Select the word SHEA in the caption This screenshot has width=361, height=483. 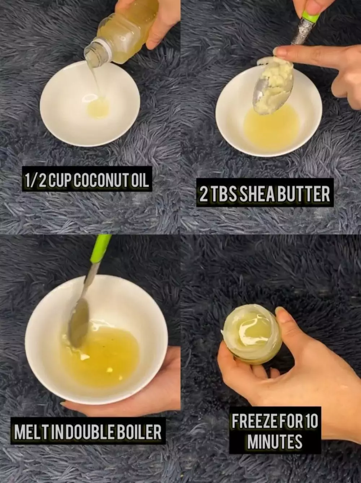coord(257,194)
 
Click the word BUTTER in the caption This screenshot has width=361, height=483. coord(304,194)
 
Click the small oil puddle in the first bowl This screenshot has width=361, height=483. coord(98,108)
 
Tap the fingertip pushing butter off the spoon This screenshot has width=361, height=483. coord(279,52)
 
